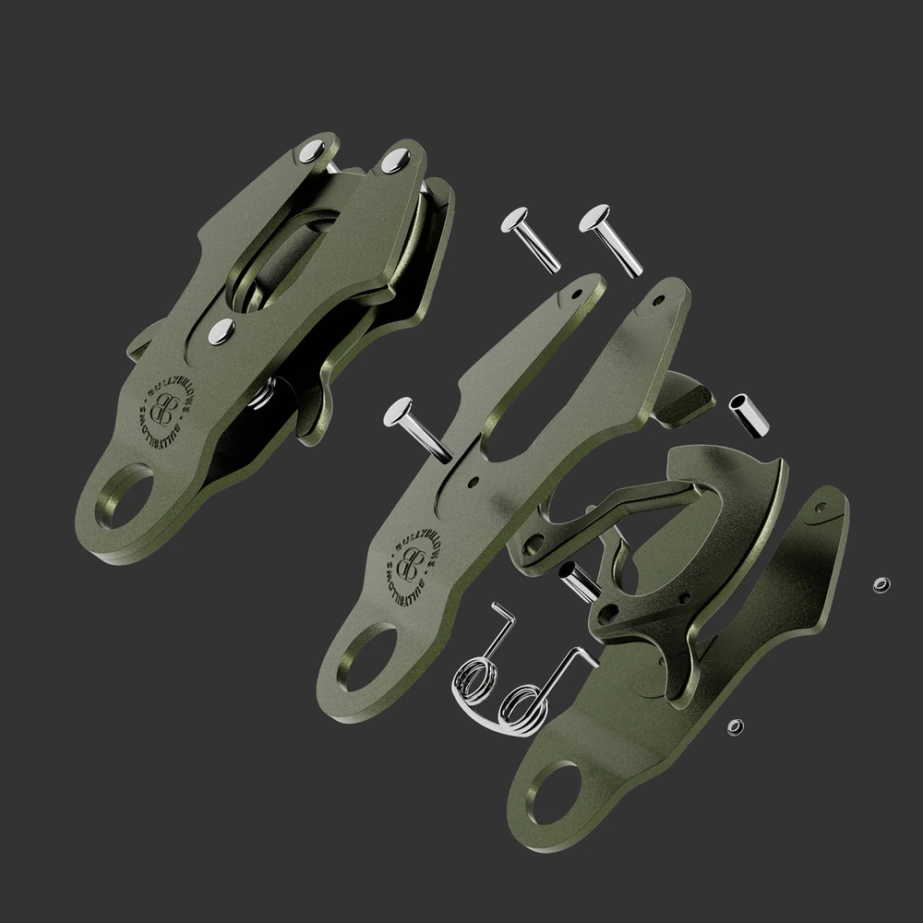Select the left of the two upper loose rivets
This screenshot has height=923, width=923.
click(x=531, y=238)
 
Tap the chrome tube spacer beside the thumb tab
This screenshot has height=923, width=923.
click(x=750, y=416)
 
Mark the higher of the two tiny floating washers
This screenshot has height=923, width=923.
click(x=881, y=585)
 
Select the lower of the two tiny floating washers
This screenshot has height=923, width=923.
click(x=735, y=727)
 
